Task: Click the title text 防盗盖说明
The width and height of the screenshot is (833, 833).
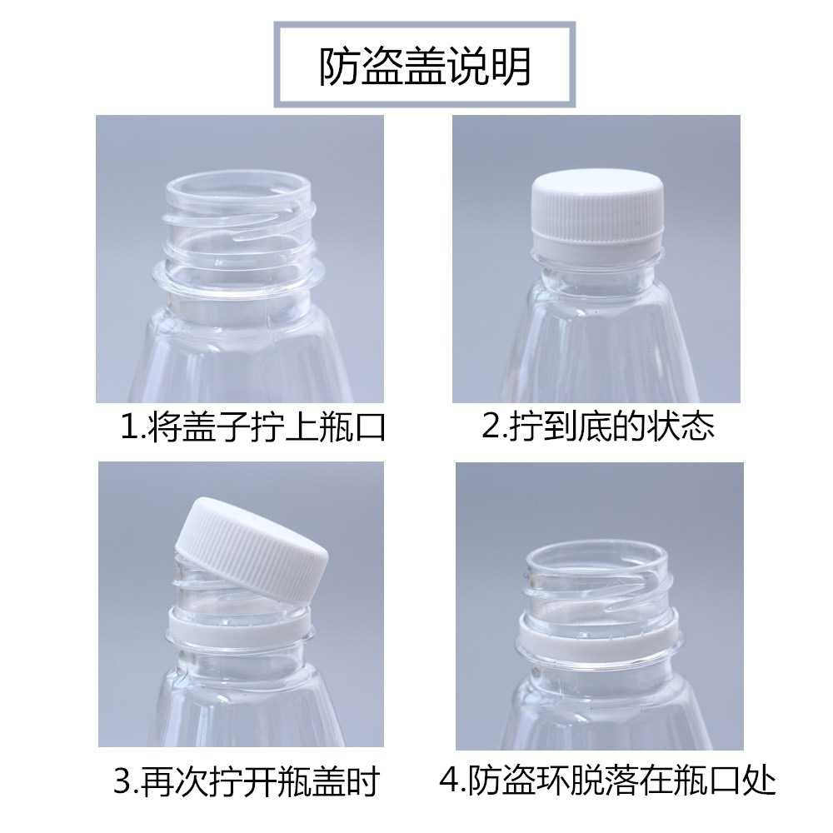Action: pyautogui.click(x=425, y=67)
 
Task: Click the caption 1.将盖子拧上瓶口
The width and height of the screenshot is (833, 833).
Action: pyautogui.click(x=253, y=428)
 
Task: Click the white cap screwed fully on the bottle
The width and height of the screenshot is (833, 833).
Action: pyautogui.click(x=596, y=208)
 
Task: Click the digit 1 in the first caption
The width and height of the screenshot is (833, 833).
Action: pyautogui.click(x=127, y=429)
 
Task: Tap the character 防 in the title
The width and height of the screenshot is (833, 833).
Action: pyautogui.click(x=340, y=67)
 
